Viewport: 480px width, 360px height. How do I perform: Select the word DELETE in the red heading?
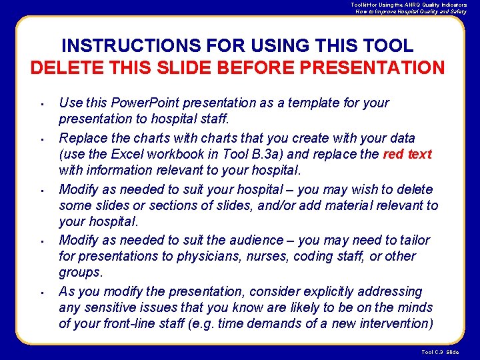(x=63, y=68)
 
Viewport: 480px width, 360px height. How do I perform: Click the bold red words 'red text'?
(x=407, y=155)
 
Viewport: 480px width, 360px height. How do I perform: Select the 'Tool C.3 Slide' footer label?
(x=440, y=352)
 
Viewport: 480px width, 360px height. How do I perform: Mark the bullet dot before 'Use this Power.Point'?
(x=41, y=104)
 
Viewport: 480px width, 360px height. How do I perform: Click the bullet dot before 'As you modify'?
(x=41, y=293)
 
